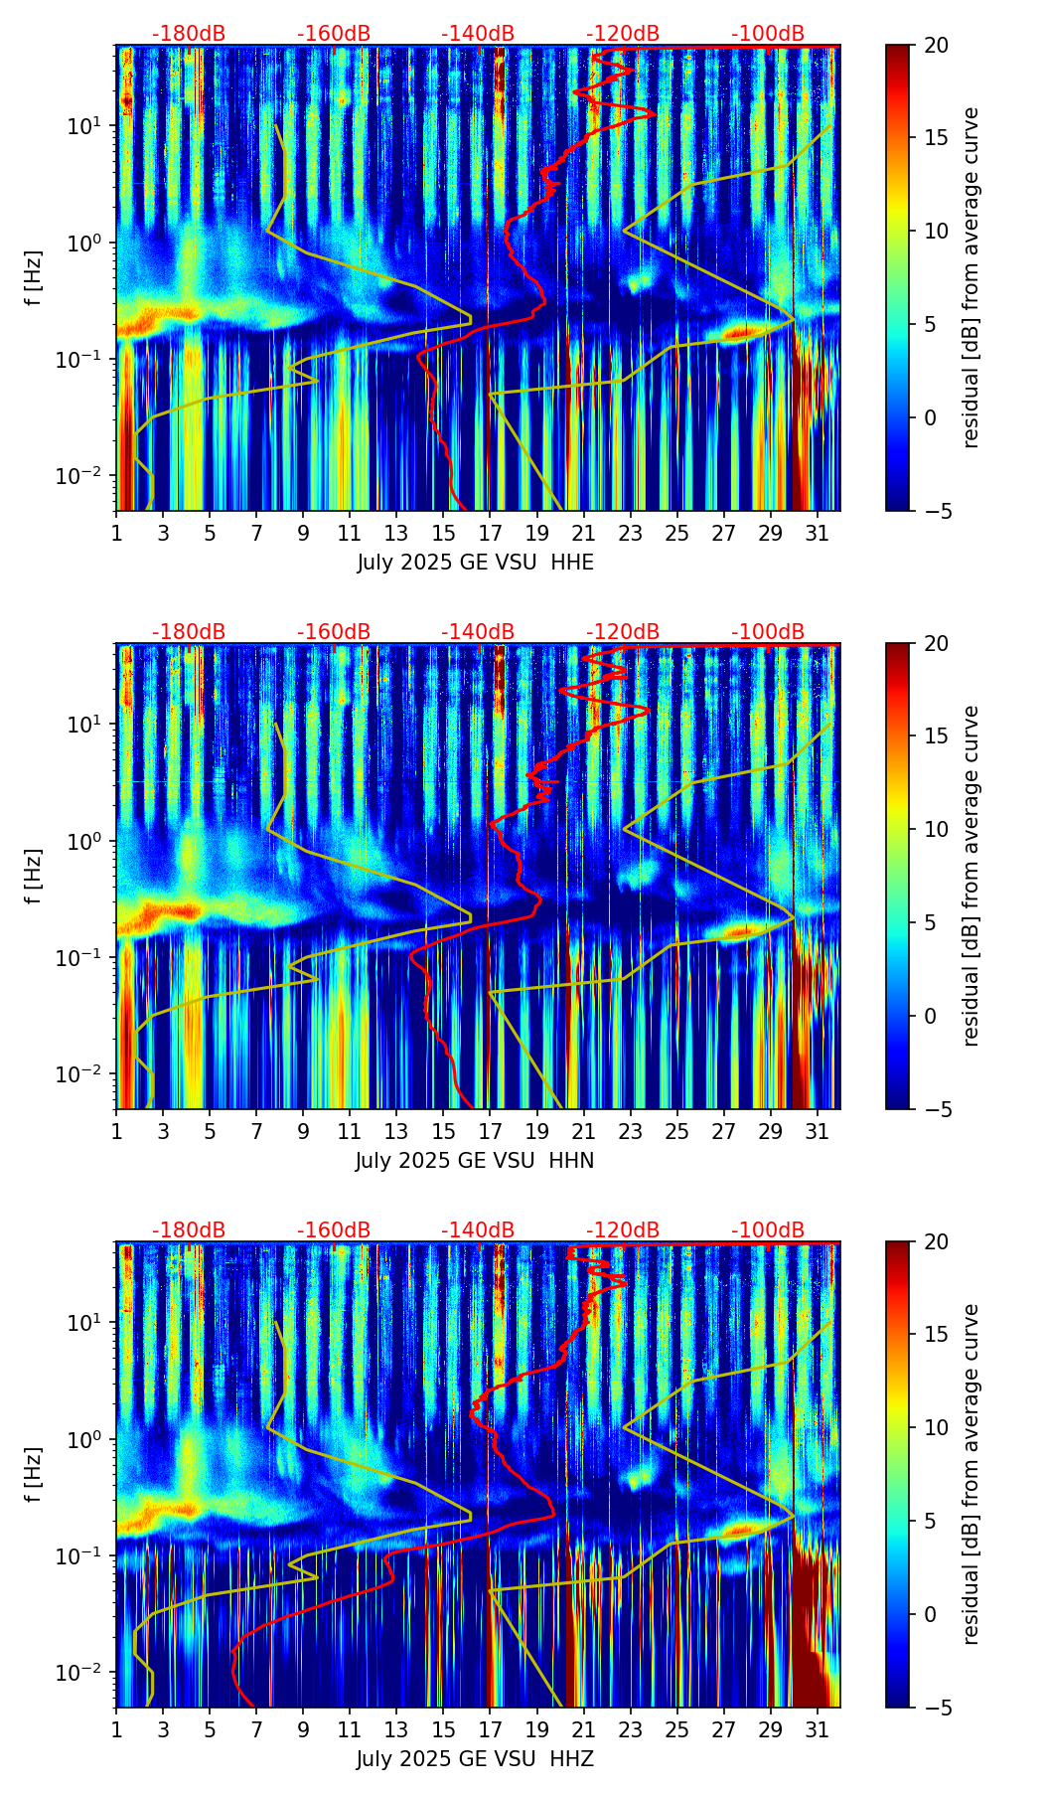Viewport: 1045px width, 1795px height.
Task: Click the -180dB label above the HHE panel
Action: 189,34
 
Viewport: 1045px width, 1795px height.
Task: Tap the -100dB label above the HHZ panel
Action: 768,1230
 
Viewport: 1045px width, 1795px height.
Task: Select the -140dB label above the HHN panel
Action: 478,632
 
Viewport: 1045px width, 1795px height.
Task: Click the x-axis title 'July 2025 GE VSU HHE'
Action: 475,563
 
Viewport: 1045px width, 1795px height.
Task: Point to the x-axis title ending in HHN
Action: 475,1161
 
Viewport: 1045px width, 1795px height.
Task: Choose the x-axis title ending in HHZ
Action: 475,1759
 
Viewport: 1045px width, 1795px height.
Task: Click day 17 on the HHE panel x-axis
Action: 490,533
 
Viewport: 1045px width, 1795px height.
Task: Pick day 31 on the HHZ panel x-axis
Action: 817,1729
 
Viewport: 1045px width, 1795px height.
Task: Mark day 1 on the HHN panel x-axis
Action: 116,1131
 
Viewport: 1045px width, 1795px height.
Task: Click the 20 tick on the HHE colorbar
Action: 936,45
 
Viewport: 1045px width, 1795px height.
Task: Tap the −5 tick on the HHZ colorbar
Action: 935,1708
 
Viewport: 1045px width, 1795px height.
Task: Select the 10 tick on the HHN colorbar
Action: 936,829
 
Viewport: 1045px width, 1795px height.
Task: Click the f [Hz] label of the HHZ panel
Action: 35,1475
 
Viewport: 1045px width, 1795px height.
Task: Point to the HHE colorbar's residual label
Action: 970,277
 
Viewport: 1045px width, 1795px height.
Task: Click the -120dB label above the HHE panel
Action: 623,34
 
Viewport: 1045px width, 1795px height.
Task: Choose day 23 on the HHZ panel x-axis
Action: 630,1729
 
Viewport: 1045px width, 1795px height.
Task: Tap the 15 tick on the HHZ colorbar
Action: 936,1335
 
